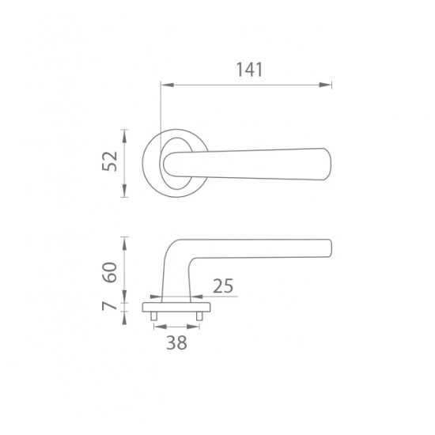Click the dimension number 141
[x=249, y=70]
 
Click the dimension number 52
[x=110, y=161]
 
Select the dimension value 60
[x=110, y=272]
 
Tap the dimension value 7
[x=109, y=306]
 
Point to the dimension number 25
[x=223, y=286]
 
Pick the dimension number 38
[x=176, y=342]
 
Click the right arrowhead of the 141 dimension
[x=325, y=85]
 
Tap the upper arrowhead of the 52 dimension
[x=124, y=136]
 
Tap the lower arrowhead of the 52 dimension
[x=124, y=191]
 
